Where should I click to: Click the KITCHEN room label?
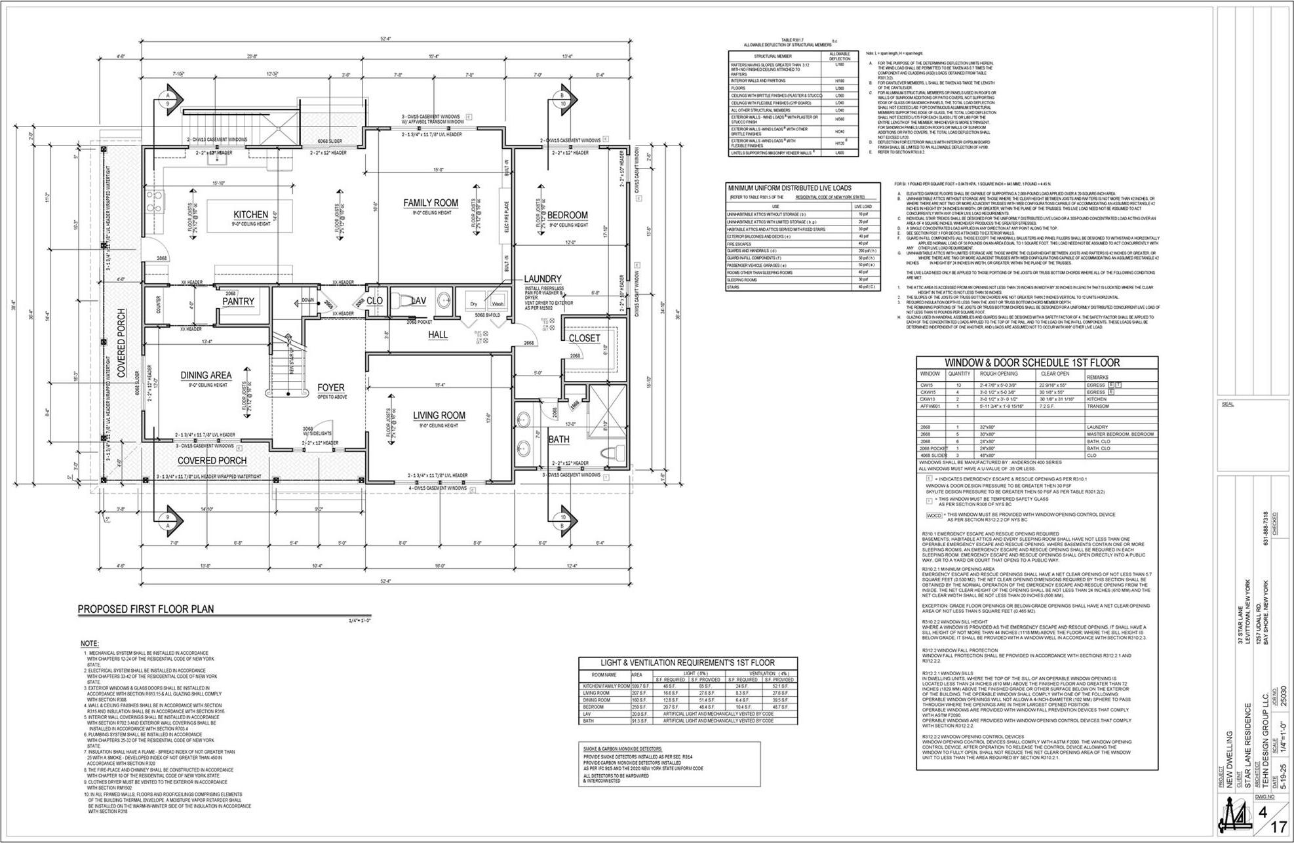coord(250,214)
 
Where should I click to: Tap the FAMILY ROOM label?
coord(431,203)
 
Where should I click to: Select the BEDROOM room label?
coord(567,215)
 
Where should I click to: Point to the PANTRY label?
coord(237,302)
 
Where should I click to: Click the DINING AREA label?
coord(206,376)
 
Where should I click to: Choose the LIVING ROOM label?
coord(439,416)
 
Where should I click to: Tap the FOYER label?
coord(331,387)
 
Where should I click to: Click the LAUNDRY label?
coord(542,279)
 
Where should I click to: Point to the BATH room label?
coord(559,439)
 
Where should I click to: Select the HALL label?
coord(438,335)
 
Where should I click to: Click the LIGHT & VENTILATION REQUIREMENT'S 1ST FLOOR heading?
coord(688,663)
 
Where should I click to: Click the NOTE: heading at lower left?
coord(90,644)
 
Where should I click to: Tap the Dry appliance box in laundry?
coord(474,304)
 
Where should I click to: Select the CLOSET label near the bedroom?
coord(583,338)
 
